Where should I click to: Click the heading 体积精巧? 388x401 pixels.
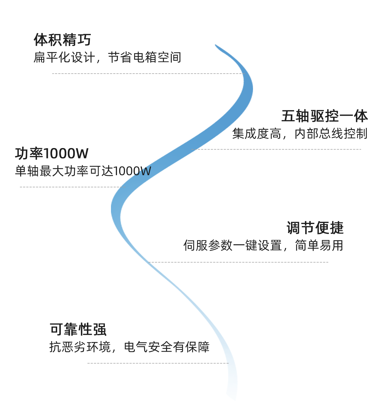click(x=62, y=40)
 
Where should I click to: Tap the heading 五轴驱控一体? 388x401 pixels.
click(x=324, y=116)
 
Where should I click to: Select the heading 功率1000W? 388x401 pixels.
click(x=52, y=153)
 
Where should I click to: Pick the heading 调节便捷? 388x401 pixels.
click(x=315, y=228)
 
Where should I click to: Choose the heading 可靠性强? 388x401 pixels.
click(x=78, y=329)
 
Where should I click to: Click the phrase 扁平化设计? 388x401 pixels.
click(x=64, y=57)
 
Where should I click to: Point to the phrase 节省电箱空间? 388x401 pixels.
click(x=144, y=57)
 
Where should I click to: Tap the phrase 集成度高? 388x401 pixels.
click(x=256, y=134)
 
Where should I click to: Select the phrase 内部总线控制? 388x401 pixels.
click(x=331, y=134)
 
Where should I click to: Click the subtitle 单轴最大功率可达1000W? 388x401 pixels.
click(x=83, y=171)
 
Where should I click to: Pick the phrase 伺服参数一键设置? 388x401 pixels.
click(x=232, y=245)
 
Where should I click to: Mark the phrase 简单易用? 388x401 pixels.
click(x=319, y=245)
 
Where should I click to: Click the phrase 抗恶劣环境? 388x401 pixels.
click(x=80, y=347)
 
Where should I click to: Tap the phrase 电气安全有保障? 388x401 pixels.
click(x=167, y=347)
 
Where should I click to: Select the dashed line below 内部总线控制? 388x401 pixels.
click(x=276, y=149)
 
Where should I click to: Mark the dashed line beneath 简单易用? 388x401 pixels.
click(x=238, y=262)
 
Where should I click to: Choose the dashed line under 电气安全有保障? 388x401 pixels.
click(x=158, y=363)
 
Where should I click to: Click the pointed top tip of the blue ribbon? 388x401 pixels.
click(x=216, y=45)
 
